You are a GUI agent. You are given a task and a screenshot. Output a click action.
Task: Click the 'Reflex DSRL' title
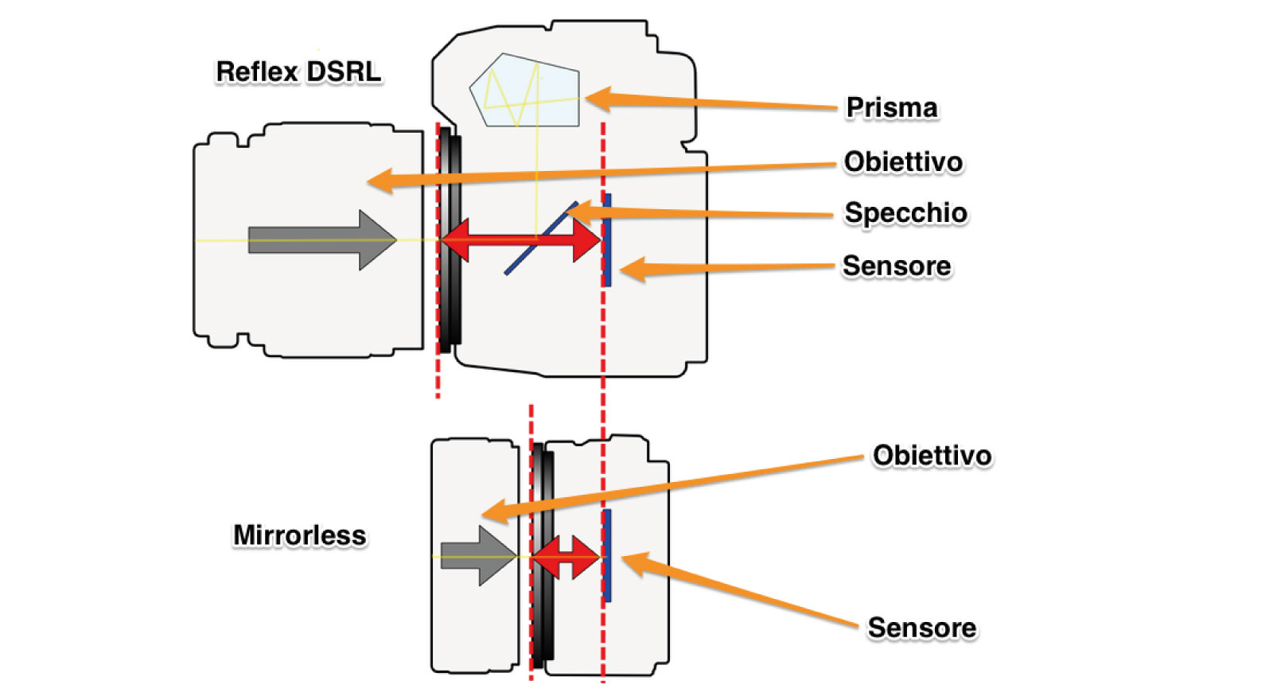298,72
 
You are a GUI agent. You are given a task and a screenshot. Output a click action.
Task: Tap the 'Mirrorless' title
299,535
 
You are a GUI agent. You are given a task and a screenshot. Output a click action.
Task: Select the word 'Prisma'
891,107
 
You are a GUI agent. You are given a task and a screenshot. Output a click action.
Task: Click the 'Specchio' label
905,212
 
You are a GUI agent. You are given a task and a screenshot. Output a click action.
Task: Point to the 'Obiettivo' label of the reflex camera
903,161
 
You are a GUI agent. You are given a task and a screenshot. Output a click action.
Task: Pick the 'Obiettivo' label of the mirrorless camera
932,455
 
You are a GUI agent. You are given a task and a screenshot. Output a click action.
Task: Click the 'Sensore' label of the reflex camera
896,266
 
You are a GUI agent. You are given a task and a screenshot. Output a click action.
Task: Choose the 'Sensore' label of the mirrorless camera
921,628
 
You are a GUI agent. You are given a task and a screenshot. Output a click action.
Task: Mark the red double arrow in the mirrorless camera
565,557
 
